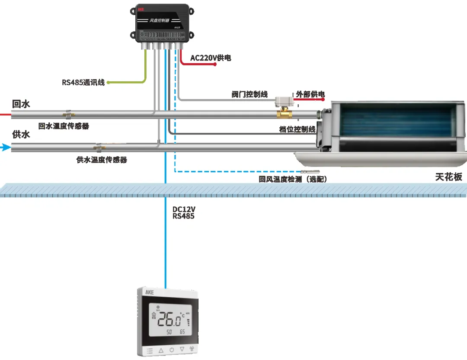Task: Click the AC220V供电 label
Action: [211, 58]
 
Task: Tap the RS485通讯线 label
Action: [83, 82]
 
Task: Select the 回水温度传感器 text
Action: [64, 126]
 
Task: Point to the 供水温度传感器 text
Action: [102, 160]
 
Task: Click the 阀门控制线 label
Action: [249, 94]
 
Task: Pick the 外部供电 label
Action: [310, 94]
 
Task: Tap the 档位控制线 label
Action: [297, 129]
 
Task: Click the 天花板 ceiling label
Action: [448, 177]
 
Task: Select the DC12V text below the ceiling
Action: [183, 209]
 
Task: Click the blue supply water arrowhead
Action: [6, 148]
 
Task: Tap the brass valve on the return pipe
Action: [285, 115]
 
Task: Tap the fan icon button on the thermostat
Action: [192, 349]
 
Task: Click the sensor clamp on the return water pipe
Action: [68, 114]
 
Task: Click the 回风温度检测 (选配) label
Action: [292, 179]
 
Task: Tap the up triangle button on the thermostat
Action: [161, 349]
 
